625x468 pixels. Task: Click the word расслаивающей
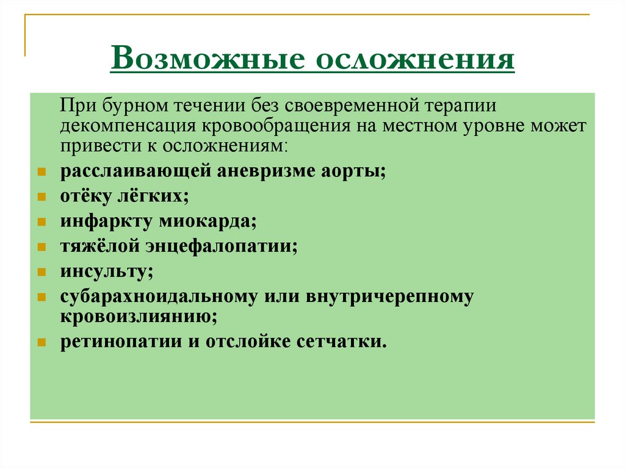coord(135,171)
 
